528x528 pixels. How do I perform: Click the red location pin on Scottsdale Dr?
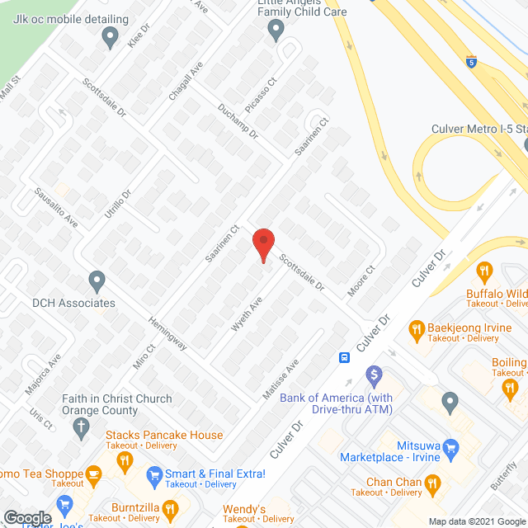(x=262, y=245)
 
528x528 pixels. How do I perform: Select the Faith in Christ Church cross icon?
(x=80, y=426)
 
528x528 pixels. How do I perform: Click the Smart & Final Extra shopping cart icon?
(x=153, y=474)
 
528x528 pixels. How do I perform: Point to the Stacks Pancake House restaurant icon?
(x=125, y=461)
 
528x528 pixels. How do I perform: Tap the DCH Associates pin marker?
(x=97, y=280)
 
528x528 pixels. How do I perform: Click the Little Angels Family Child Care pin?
(x=276, y=30)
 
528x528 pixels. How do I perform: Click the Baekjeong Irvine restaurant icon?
(x=417, y=330)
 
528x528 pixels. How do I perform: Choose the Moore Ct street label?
(x=365, y=280)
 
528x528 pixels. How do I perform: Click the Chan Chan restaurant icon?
(x=433, y=483)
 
